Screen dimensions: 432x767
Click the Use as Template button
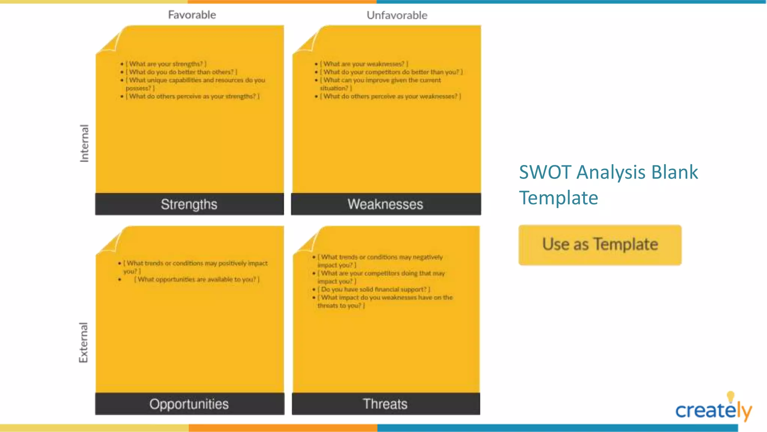click(600, 245)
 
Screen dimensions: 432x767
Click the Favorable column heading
click(192, 15)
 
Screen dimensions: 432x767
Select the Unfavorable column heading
click(397, 15)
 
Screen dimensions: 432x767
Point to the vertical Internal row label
click(84, 143)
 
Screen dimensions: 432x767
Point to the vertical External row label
click(83, 342)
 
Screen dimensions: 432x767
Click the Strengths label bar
click(189, 204)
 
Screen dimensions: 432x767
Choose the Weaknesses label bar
click(385, 204)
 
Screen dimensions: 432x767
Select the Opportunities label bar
click(189, 404)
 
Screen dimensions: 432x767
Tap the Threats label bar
click(385, 404)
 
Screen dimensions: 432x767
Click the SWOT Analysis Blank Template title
click(608, 184)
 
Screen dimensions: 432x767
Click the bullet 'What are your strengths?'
click(166, 64)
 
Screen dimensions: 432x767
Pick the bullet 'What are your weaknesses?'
click(364, 64)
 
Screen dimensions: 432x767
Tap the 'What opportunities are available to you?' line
click(197, 279)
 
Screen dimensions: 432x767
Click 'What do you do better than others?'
click(181, 72)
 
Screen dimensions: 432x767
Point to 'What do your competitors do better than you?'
click(391, 72)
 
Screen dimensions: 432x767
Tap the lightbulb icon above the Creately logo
click(730, 396)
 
